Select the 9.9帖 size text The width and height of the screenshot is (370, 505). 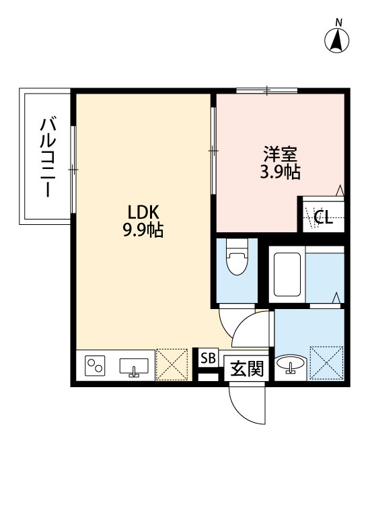[143, 230]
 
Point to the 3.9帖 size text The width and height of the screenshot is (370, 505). [280, 172]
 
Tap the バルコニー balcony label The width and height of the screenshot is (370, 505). [48, 157]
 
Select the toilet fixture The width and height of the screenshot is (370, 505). [236, 259]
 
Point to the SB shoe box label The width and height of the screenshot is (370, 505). [207, 358]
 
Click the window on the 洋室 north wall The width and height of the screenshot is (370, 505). [267, 90]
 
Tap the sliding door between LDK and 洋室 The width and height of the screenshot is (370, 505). [213, 151]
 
